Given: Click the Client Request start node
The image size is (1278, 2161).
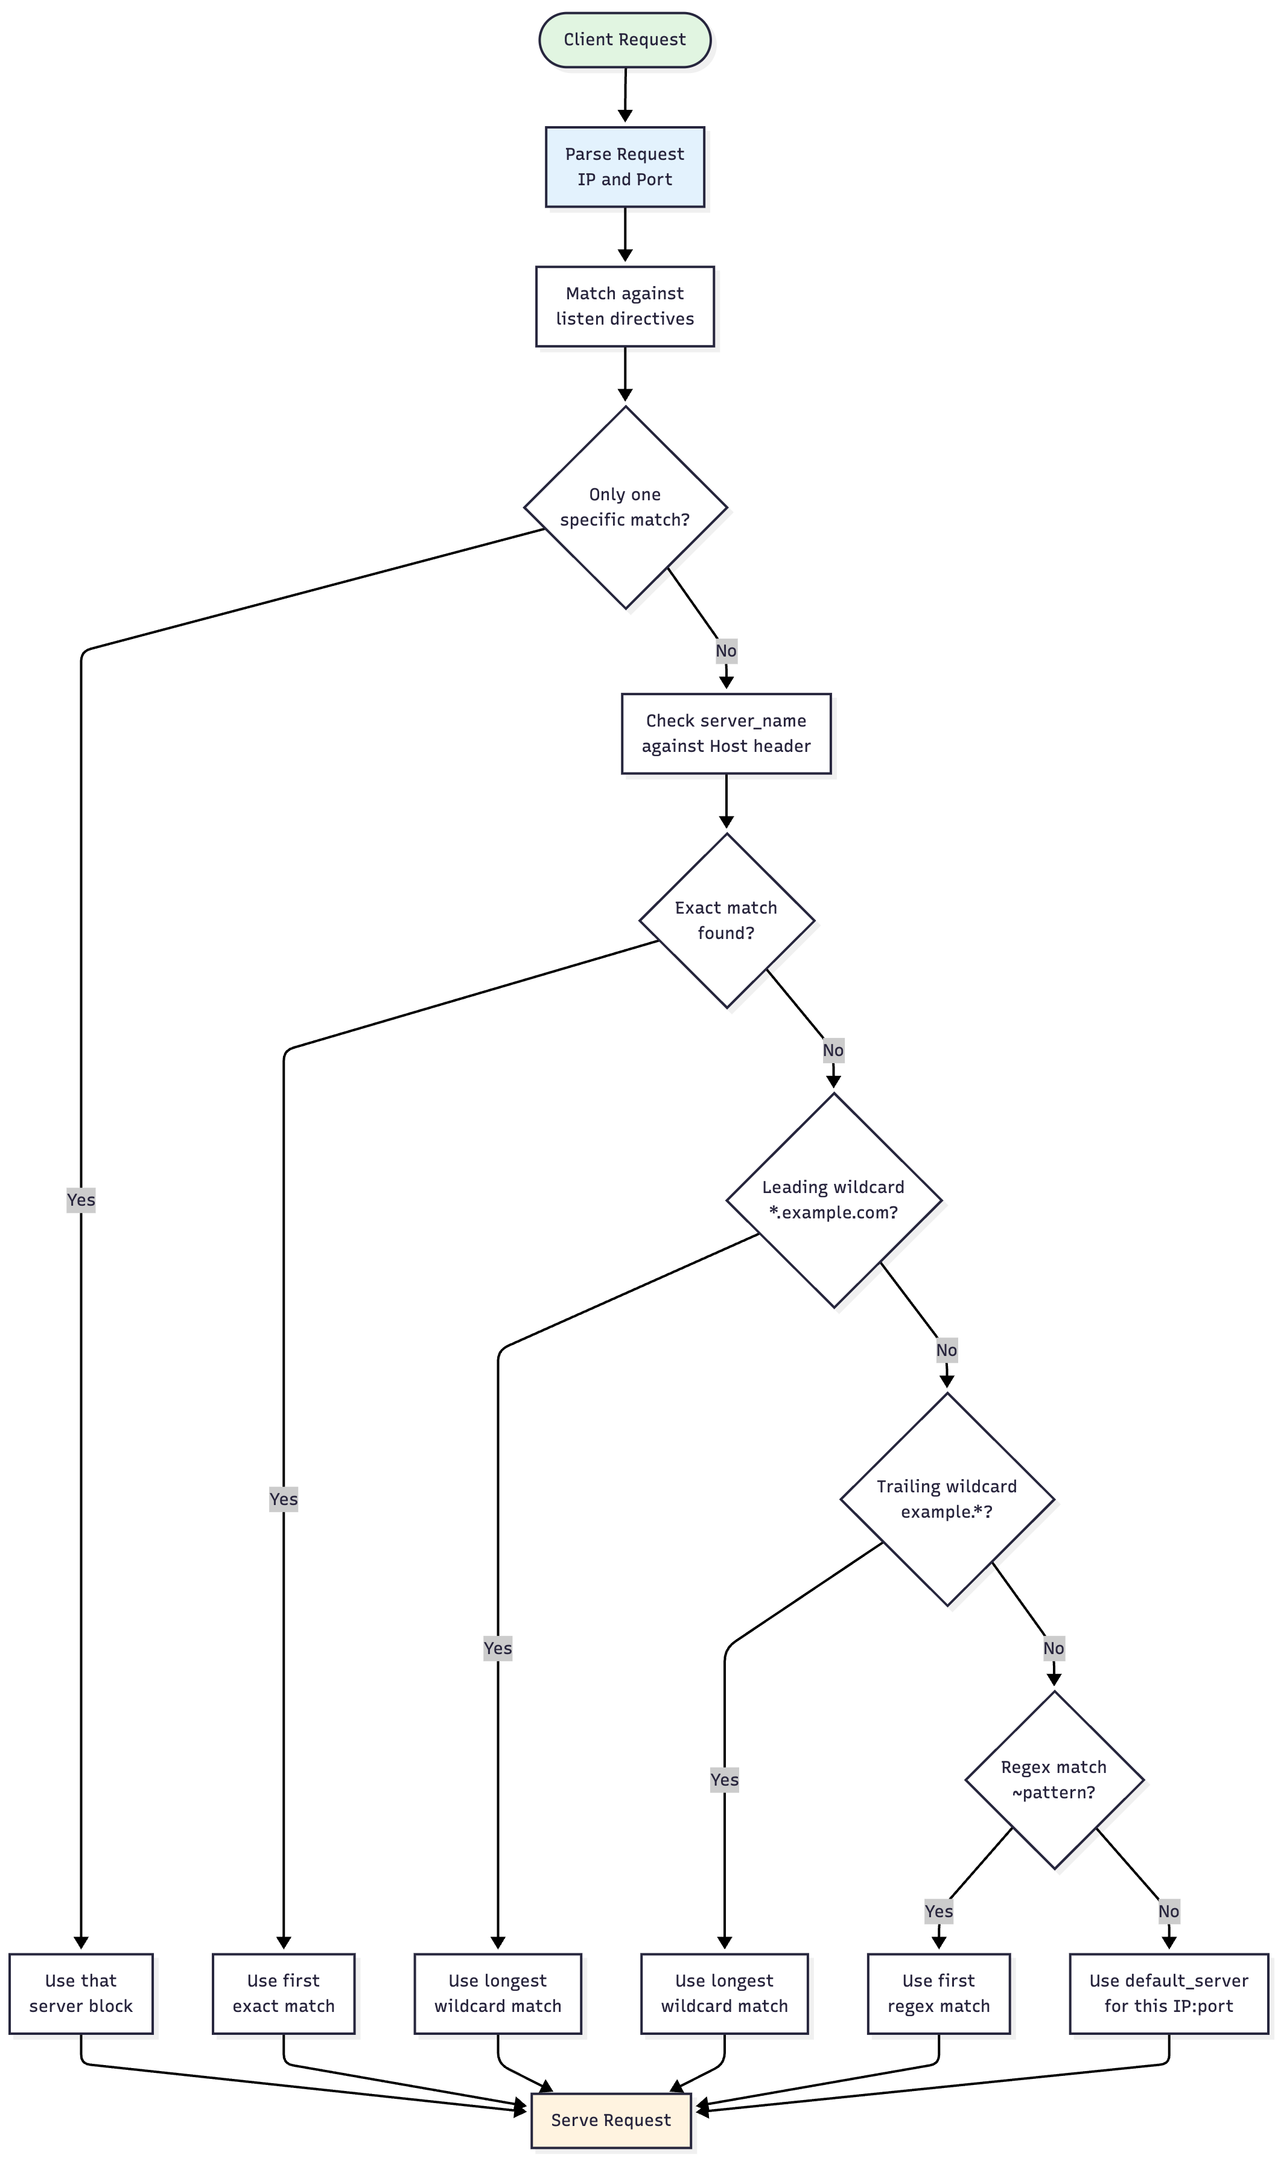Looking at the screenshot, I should click(x=625, y=40).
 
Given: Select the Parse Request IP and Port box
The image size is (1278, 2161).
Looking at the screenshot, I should click(x=625, y=167).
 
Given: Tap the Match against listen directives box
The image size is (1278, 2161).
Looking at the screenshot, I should click(x=625, y=307).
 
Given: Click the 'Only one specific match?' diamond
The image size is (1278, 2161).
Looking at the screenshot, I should click(x=625, y=508).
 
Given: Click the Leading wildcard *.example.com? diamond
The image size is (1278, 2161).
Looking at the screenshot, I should click(x=834, y=1200).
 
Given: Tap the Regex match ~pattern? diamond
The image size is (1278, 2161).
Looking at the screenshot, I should click(x=1054, y=1780).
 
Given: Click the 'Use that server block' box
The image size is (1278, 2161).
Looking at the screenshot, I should click(x=81, y=1994).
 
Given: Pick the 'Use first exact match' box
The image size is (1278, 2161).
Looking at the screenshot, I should click(x=284, y=1994).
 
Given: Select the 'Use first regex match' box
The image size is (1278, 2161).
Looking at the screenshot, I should click(x=939, y=1994).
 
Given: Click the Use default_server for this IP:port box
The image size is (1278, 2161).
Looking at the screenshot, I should click(x=1169, y=1994).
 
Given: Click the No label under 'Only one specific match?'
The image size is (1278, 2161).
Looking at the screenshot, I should click(x=726, y=651).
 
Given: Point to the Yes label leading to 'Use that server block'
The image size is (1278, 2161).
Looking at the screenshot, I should click(x=81, y=1200).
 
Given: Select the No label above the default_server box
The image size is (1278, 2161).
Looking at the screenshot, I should click(x=1169, y=1911).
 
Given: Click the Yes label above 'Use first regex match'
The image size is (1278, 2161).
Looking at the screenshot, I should click(x=939, y=1911).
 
